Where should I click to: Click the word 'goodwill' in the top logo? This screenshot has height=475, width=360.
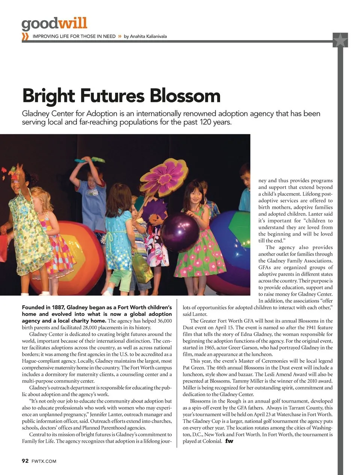(54, 24)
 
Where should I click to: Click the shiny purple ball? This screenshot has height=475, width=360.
(180, 232)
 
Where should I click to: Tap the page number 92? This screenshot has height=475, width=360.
(25, 461)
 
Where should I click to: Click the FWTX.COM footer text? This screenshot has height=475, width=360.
(44, 461)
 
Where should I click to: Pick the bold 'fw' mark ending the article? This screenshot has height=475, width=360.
(229, 441)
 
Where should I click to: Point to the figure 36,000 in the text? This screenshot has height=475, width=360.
(164, 321)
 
